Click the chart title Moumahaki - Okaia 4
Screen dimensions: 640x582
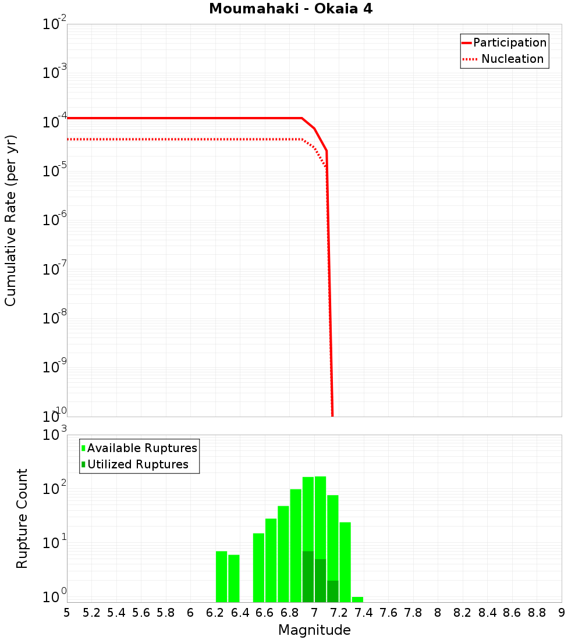290,9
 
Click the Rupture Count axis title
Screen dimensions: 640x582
22,518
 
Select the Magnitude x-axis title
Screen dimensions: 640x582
314,630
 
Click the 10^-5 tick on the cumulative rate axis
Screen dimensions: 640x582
53,170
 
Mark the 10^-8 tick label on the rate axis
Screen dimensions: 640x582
53,318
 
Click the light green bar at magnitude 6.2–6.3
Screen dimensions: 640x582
221,576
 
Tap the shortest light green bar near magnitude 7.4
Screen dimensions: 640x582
357,599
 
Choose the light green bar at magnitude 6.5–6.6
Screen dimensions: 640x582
258,567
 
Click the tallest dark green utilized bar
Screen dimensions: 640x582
308,576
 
